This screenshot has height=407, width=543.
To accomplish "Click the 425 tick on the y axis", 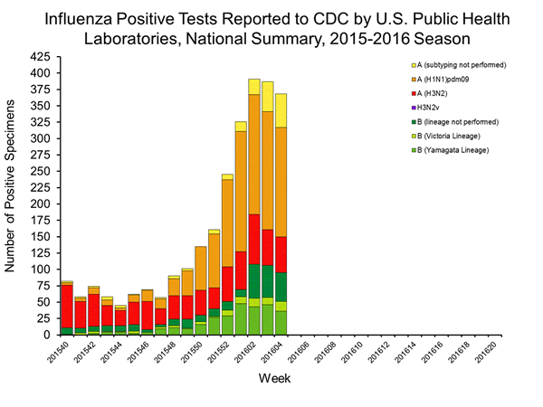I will tap(43, 56).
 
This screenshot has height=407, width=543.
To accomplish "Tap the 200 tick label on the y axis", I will tap(43, 203).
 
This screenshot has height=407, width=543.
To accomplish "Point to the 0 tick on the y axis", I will tap(51, 335).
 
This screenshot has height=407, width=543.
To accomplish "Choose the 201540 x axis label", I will tap(62, 355).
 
